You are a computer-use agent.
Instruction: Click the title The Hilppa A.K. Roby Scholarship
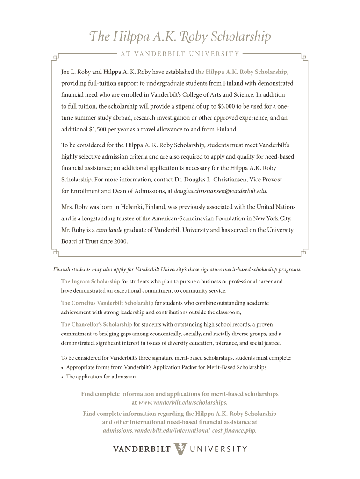180,36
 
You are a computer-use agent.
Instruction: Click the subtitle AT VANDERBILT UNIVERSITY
180,54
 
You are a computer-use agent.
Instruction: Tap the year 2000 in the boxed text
120,241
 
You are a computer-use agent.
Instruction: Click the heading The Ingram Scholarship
90,282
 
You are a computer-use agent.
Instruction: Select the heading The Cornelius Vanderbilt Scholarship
107,303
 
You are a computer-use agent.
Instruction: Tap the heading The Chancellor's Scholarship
96,324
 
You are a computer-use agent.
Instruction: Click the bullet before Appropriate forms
63,368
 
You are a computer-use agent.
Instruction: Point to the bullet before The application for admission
63,377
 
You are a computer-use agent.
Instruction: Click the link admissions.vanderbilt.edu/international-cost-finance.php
180,430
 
